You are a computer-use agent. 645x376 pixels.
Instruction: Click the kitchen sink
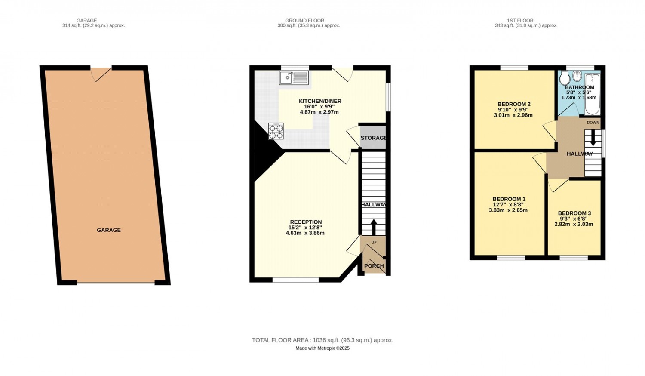pyautogui.click(x=294, y=78)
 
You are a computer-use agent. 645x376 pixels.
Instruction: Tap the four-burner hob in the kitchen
pyautogui.click(x=276, y=131)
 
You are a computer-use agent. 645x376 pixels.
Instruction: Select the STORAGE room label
pyautogui.click(x=374, y=138)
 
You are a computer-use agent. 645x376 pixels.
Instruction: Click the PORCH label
pyautogui.click(x=374, y=265)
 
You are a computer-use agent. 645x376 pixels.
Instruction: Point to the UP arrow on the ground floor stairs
pyautogui.click(x=374, y=227)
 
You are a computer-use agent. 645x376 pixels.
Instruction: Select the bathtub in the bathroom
pyautogui.click(x=592, y=94)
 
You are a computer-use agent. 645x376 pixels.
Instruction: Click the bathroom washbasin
pyautogui.click(x=577, y=76)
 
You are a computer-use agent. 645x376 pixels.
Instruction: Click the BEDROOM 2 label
pyautogui.click(x=514, y=104)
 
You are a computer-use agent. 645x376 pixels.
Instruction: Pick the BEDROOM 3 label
pyautogui.click(x=574, y=213)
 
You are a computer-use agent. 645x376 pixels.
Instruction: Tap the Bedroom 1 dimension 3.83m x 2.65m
pyautogui.click(x=508, y=210)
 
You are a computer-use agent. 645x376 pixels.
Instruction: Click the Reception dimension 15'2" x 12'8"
pyautogui.click(x=305, y=227)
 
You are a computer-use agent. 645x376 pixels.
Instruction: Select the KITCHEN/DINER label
pyautogui.click(x=320, y=101)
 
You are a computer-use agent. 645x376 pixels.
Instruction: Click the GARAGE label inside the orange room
pyautogui.click(x=108, y=230)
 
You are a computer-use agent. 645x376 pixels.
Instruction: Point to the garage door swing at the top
pyautogui.click(x=101, y=74)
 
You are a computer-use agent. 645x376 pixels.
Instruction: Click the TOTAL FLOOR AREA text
pyautogui.click(x=322, y=340)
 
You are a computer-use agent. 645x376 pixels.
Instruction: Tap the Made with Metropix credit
pyautogui.click(x=322, y=348)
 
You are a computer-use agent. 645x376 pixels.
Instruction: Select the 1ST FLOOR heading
pyautogui.click(x=520, y=21)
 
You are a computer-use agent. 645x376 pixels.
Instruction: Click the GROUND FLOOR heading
pyautogui.click(x=304, y=21)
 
